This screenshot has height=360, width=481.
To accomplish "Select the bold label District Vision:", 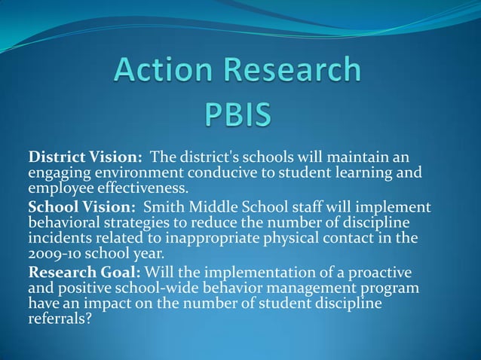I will coord(85,158).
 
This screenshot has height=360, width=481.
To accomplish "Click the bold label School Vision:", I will coord(81,207).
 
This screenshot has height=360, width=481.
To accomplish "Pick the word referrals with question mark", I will coord(57,319).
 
